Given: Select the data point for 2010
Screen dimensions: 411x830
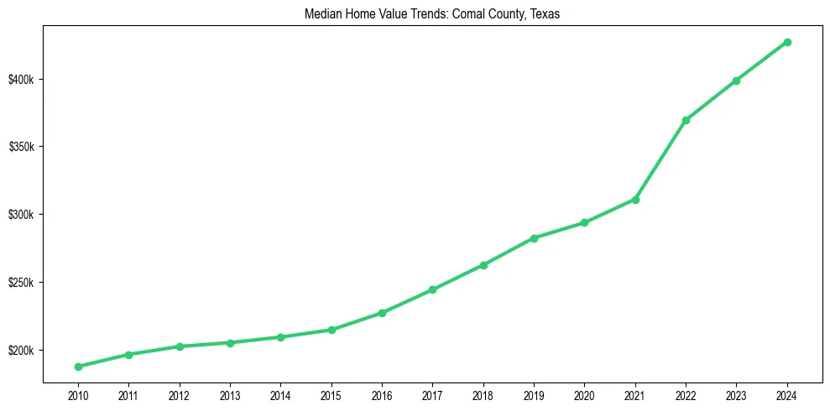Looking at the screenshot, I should pyautogui.click(x=78, y=367).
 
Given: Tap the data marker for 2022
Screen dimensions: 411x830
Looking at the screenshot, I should pyautogui.click(x=686, y=120).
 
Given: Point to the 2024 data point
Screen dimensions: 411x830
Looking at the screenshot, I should pyautogui.click(x=787, y=42).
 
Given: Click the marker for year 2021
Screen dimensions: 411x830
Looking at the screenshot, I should pyautogui.click(x=635, y=200).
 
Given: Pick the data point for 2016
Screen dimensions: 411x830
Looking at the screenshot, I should pyautogui.click(x=382, y=313).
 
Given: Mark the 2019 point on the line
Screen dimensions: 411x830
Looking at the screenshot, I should pyautogui.click(x=534, y=238).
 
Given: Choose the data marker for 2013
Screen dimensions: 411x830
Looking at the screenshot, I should pyautogui.click(x=230, y=342).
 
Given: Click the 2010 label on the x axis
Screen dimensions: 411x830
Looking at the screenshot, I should pyautogui.click(x=78, y=395).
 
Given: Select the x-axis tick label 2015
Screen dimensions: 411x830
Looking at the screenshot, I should pyautogui.click(x=331, y=395).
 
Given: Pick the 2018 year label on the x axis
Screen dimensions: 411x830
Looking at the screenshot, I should pyautogui.click(x=483, y=395).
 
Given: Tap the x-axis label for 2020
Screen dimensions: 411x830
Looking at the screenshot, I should pyautogui.click(x=584, y=395).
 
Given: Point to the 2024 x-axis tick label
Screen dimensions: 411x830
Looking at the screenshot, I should pyautogui.click(x=787, y=395).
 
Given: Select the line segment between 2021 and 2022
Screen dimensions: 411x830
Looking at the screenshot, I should pyautogui.click(x=660, y=160).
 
